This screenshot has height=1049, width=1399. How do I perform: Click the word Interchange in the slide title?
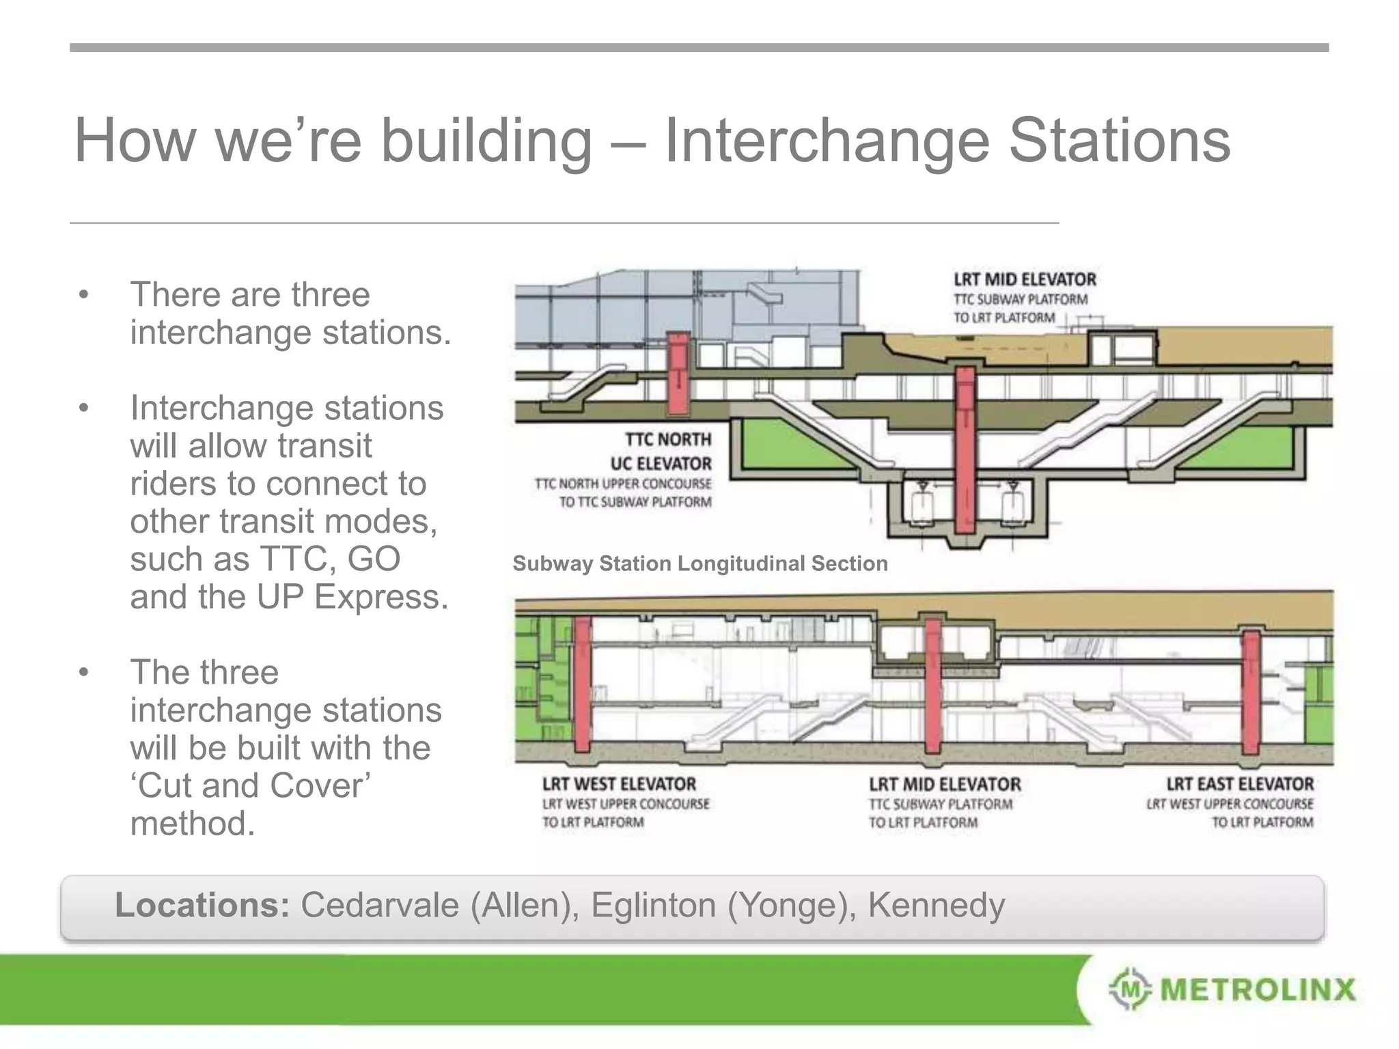827,141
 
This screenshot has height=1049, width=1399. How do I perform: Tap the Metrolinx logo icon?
1130,988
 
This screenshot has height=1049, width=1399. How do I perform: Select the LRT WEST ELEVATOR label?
619,784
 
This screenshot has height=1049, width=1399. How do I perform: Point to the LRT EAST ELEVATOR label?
1239,784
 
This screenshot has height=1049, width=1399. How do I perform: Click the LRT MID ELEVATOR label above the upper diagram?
1025,279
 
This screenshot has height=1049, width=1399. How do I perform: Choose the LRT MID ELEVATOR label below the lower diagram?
945,784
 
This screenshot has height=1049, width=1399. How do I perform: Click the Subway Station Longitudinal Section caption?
700,563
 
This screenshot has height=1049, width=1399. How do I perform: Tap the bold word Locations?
202,905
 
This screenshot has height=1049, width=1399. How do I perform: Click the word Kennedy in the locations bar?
936,905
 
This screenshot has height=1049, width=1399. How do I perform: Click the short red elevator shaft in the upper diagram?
678,374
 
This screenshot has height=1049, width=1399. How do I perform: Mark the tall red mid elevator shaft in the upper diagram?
965,451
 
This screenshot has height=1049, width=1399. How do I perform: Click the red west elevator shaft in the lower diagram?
582,683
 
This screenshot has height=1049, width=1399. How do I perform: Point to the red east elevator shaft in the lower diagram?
1251,691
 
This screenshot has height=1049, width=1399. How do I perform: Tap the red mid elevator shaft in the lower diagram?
933,685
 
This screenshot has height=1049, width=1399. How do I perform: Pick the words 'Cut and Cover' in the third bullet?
250,785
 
